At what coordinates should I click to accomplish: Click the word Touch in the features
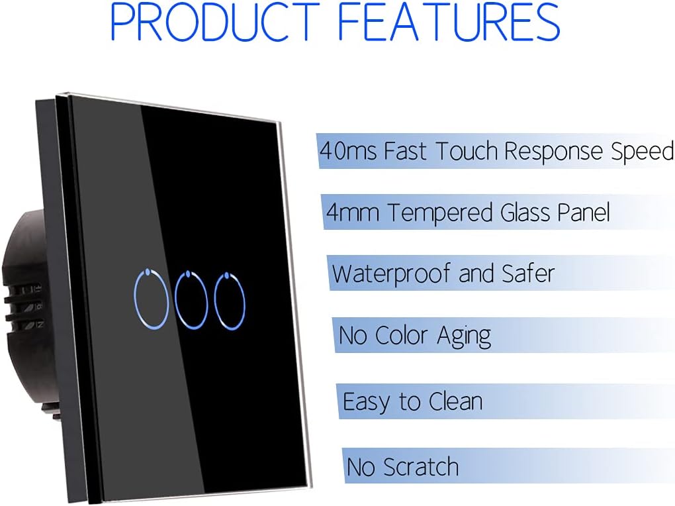click(x=467, y=151)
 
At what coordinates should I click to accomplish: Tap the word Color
click(x=402, y=336)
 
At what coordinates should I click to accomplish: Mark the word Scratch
click(x=421, y=467)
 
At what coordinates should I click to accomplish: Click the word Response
click(x=554, y=152)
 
